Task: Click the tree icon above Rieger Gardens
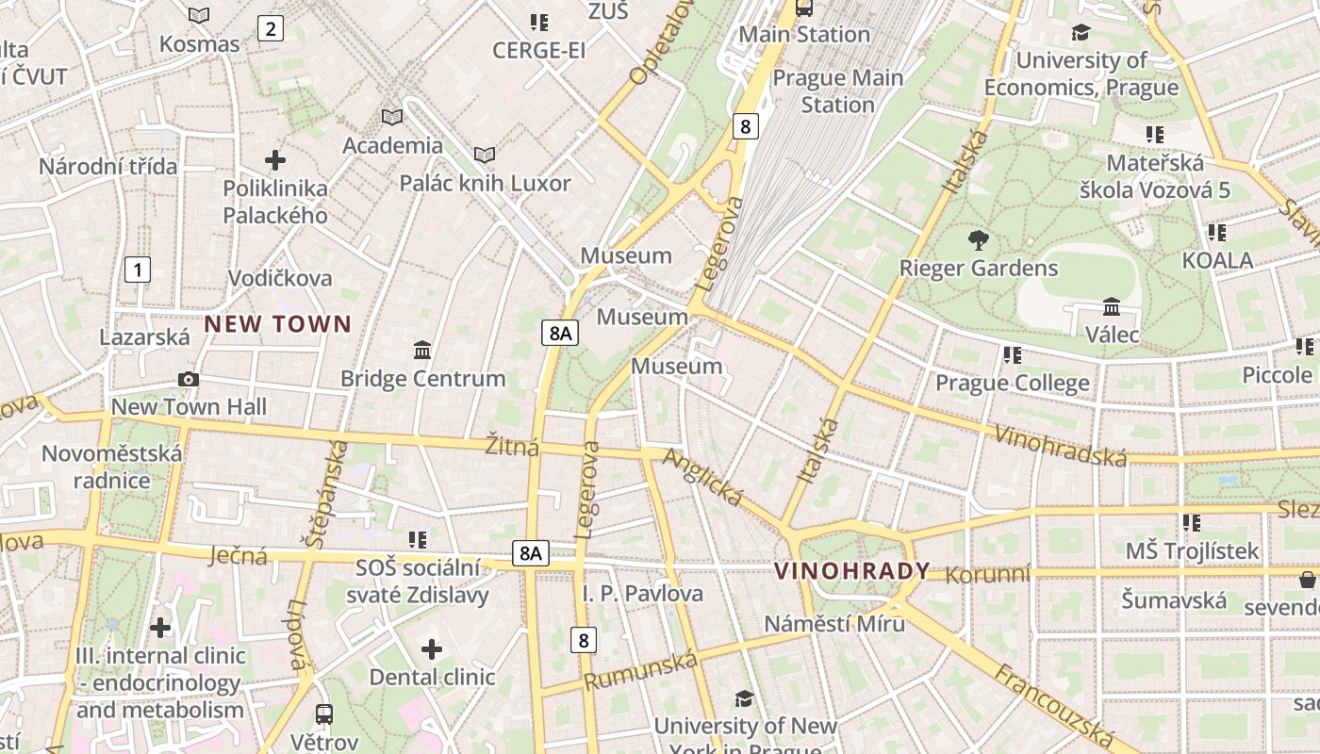click(979, 240)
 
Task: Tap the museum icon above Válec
click(1112, 307)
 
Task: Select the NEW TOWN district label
click(278, 324)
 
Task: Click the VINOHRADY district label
click(851, 571)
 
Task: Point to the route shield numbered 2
click(271, 28)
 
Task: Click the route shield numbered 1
click(138, 270)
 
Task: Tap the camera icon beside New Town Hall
click(189, 379)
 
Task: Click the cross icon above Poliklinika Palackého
click(275, 160)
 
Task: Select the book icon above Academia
click(391, 117)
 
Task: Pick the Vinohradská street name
click(1061, 445)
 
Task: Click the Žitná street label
click(512, 446)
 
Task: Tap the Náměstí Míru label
click(834, 623)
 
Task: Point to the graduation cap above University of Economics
click(1081, 32)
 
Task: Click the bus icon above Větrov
click(324, 713)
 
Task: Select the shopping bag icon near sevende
click(1308, 578)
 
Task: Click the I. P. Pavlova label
click(642, 594)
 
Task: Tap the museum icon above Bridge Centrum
click(422, 351)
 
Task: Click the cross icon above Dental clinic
click(432, 649)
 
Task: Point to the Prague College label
click(1012, 383)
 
